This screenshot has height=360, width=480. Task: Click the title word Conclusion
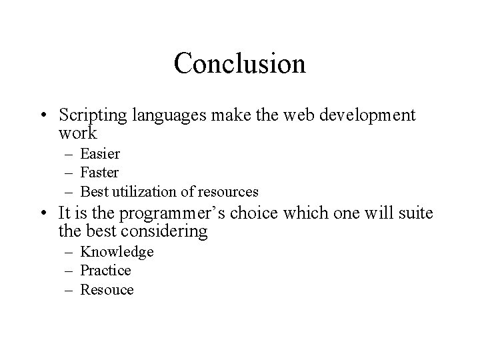click(239, 63)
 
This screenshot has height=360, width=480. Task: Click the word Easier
click(100, 154)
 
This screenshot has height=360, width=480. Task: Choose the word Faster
click(99, 173)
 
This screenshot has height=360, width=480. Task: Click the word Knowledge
click(117, 252)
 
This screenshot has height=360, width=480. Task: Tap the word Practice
click(105, 271)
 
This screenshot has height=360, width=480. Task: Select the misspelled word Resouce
click(107, 290)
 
